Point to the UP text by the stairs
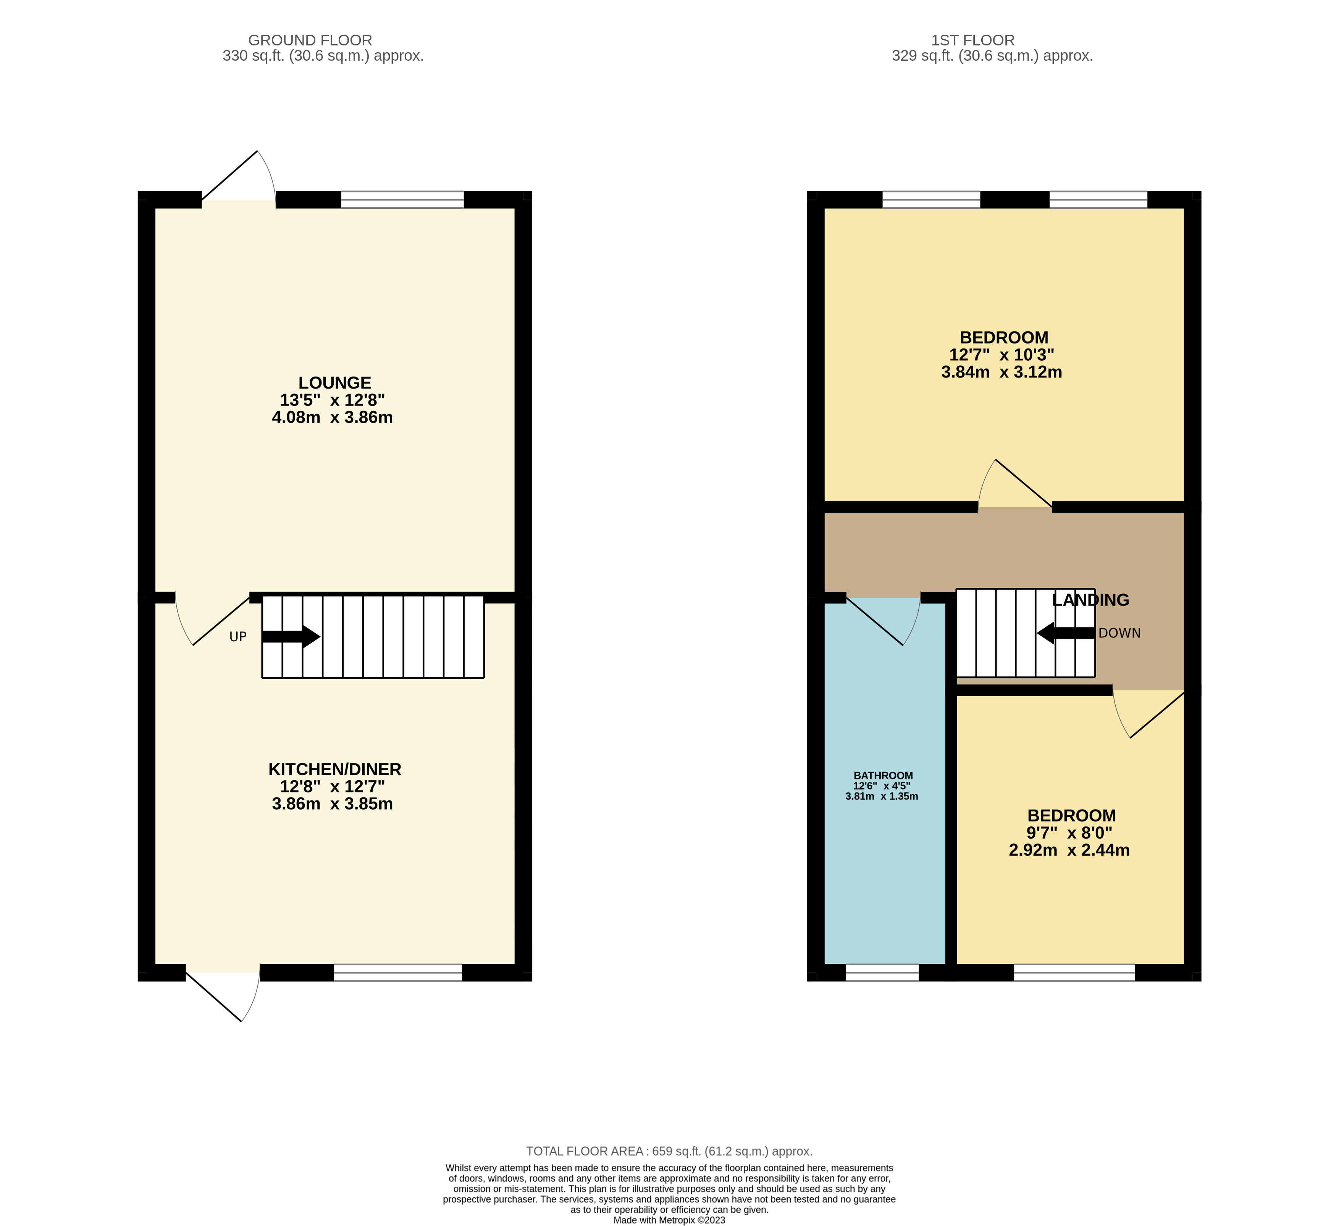pos(238,637)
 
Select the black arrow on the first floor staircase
pos(1065,633)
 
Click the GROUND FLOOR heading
pos(310,40)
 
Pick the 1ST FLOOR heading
pos(972,40)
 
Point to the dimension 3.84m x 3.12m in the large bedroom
pos(1001,372)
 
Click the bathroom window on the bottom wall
pos(882,973)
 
